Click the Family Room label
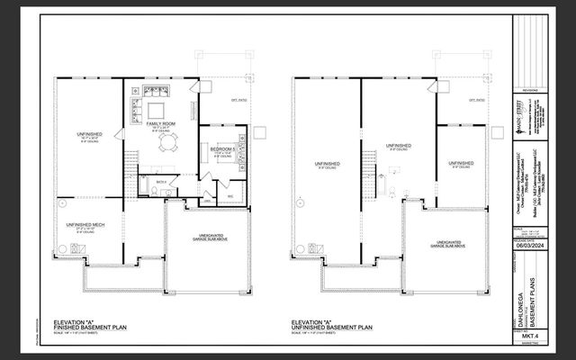click(x=161, y=123)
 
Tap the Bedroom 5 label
click(x=223, y=148)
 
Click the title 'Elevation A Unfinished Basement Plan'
click(x=329, y=325)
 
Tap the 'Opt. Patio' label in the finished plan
click(x=239, y=100)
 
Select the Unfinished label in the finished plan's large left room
click(x=90, y=135)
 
